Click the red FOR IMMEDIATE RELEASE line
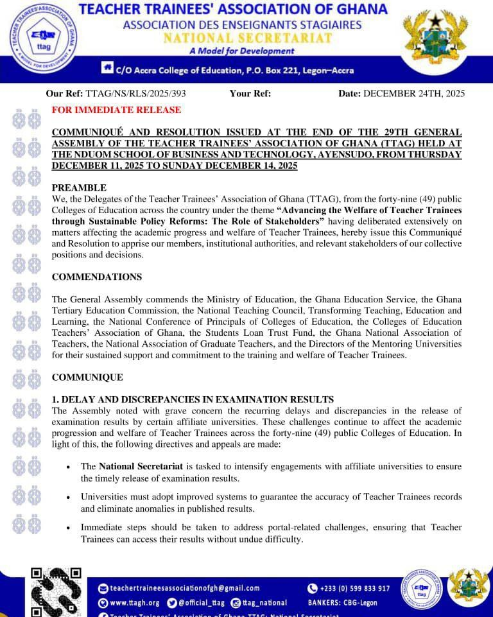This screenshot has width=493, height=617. coord(116,110)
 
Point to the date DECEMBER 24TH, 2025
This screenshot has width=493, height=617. coord(414,93)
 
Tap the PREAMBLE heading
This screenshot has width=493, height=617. coord(79,187)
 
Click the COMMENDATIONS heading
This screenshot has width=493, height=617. coord(97,277)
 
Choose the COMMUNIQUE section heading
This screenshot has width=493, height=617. coord(87,377)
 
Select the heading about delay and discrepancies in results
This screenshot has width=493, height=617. coord(193,399)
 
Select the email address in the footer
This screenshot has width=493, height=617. coord(185,588)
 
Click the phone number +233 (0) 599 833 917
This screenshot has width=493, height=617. coord(354,588)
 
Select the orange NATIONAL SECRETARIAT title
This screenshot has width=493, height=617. coord(248,38)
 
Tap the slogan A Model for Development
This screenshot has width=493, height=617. coord(242,51)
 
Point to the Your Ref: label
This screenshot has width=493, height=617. coord(250,93)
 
